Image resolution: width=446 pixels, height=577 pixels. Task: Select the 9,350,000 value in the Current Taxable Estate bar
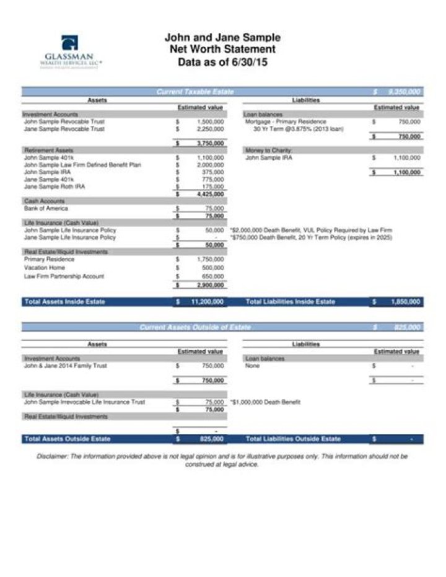click(x=404, y=92)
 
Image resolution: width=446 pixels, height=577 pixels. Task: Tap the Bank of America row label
click(x=45, y=208)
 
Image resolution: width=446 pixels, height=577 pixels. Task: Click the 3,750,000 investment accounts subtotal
click(x=210, y=143)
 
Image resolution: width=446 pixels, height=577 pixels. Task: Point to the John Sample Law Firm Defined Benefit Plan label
click(x=82, y=165)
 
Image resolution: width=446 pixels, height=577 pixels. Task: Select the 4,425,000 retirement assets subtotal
click(x=210, y=194)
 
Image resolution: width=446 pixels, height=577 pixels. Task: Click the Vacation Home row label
click(x=44, y=268)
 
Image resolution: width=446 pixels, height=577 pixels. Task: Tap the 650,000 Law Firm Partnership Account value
click(x=213, y=276)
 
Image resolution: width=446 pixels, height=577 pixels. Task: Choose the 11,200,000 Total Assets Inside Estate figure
click(x=208, y=302)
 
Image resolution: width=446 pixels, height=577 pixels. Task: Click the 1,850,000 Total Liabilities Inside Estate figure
click(x=406, y=302)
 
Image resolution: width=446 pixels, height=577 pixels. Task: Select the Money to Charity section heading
click(x=268, y=150)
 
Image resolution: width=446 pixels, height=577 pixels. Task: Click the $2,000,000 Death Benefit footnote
click(x=311, y=230)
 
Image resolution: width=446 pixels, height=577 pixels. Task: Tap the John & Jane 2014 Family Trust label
click(x=65, y=366)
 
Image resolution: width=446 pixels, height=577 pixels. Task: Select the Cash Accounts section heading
click(x=44, y=201)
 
